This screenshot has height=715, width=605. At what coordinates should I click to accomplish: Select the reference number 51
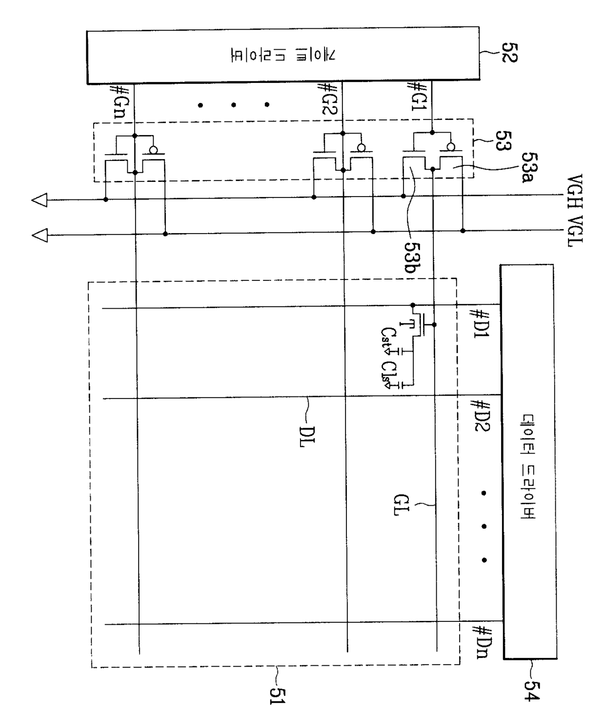[x=278, y=693]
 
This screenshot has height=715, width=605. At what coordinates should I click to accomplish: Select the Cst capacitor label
[x=386, y=338]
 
